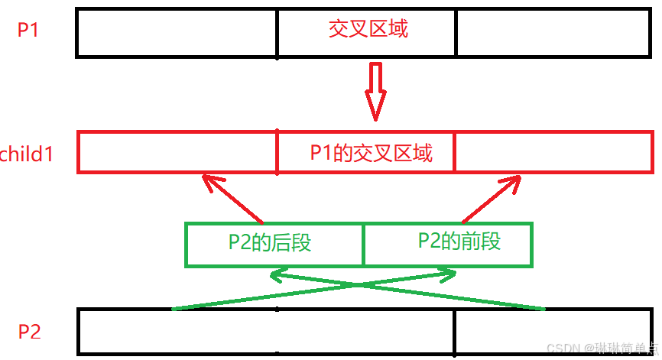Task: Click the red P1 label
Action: pos(29,31)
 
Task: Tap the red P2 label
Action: pos(29,332)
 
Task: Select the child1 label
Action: pos(26,154)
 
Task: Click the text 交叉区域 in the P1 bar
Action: pos(368,30)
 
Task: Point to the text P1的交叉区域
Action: pos(371,153)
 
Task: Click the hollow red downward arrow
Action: pos(375,92)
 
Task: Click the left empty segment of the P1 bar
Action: pos(177,33)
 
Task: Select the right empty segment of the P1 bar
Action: pos(554,33)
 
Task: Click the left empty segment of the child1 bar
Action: pos(177,152)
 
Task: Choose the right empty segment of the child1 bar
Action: pos(553,152)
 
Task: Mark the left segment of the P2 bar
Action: pos(177,332)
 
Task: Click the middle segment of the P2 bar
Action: pos(366,332)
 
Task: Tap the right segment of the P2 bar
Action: pos(554,332)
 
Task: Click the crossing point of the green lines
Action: pos(359,284)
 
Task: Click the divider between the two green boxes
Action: pos(363,245)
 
